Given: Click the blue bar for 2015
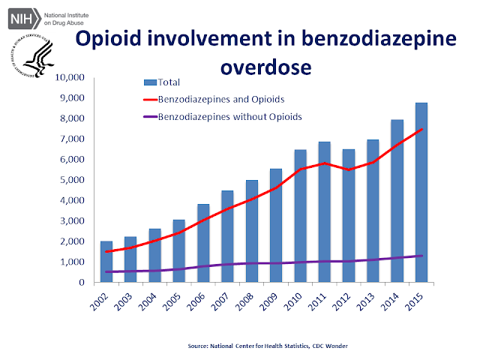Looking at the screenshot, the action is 421,192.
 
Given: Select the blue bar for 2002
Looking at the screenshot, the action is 106,262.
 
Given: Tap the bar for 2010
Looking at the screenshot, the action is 300,216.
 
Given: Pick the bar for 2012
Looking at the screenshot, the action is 349,215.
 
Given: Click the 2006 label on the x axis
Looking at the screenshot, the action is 196,301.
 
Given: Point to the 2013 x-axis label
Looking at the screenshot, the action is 366,301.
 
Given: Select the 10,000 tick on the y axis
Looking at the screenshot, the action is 70,77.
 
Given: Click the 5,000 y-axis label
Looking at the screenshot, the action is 72,180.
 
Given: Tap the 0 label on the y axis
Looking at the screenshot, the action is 82,282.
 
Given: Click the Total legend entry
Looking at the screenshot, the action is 162,82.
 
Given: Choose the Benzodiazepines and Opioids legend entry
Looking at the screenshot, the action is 214,100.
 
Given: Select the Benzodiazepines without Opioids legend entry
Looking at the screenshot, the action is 223,117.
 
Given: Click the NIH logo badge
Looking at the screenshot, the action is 24,19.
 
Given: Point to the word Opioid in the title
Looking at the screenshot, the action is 109,39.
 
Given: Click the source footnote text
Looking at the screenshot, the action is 268,346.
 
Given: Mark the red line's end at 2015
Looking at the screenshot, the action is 421,129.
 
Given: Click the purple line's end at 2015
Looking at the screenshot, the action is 421,256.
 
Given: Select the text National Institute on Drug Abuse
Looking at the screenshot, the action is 67,19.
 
